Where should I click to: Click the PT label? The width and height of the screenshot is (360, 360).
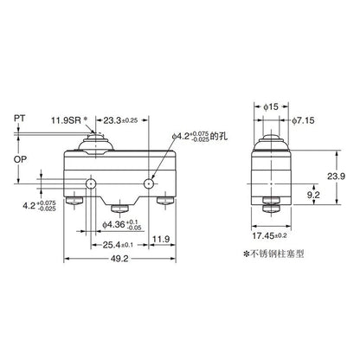(x=19, y=118)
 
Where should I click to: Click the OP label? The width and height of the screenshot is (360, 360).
(x=20, y=159)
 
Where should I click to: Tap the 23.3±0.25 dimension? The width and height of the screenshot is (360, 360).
(x=120, y=120)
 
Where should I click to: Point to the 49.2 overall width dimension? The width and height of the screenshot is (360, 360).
(x=119, y=259)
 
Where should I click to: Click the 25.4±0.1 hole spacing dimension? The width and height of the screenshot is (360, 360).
(x=118, y=245)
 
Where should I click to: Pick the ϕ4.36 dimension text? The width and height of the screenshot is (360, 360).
(x=122, y=225)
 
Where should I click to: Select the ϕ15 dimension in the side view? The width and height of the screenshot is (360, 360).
(x=271, y=106)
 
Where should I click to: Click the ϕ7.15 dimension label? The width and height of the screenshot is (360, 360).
(x=303, y=120)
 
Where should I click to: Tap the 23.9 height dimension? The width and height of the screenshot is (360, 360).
(x=336, y=177)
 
